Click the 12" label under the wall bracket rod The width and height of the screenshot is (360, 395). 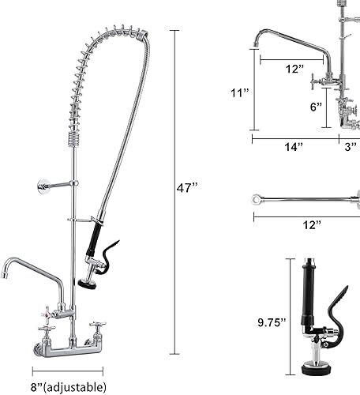click(290, 225)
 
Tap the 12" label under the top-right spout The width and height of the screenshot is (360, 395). click(294, 70)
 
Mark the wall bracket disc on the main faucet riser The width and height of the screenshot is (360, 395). click(44, 186)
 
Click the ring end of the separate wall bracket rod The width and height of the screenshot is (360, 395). click(255, 197)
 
